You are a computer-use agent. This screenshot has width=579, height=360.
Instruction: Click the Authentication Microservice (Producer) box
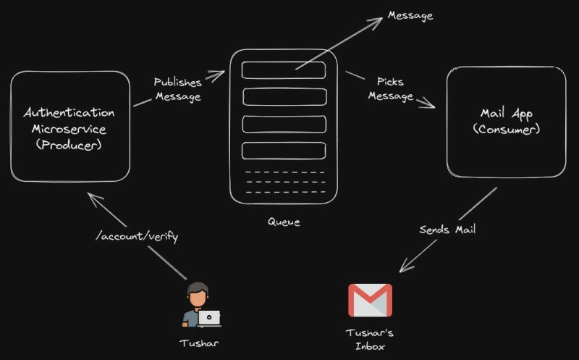(x=69, y=126)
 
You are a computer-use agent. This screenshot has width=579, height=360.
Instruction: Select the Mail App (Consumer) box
(x=506, y=121)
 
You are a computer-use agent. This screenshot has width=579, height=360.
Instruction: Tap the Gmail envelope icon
(x=370, y=300)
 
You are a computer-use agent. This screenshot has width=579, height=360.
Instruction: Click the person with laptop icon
(x=200, y=304)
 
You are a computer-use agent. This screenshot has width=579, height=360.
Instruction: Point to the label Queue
(x=283, y=222)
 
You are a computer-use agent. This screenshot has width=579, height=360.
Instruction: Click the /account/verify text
(x=137, y=236)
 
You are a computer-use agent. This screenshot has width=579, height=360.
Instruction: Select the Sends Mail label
(x=447, y=230)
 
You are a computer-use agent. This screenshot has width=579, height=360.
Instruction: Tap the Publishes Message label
(x=177, y=90)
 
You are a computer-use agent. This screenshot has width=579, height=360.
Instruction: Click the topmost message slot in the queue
(x=284, y=70)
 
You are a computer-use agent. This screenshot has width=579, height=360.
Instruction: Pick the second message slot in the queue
(x=284, y=96)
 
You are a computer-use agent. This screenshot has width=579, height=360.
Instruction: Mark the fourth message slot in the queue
(x=284, y=151)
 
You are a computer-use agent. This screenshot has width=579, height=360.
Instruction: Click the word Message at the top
(x=410, y=15)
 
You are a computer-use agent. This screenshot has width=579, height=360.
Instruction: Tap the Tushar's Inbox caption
(x=370, y=340)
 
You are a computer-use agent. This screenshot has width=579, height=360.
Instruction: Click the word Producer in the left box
(x=69, y=144)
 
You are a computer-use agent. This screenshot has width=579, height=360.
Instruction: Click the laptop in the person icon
(x=209, y=317)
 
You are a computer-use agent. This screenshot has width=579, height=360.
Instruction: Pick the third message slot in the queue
(x=284, y=123)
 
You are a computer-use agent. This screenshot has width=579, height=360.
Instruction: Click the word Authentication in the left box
(x=69, y=113)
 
